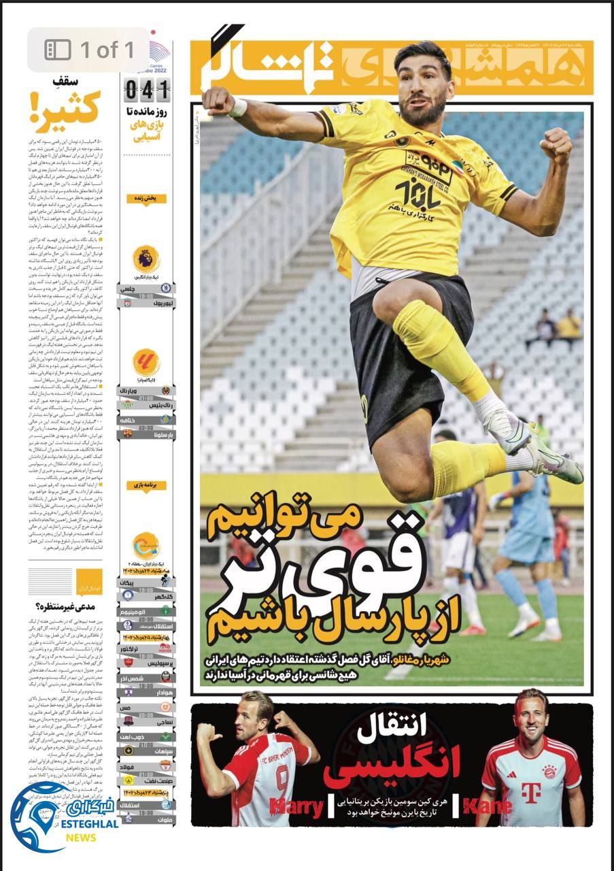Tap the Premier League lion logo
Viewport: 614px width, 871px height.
coord(146,259)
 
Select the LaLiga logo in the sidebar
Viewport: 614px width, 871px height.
coord(146,363)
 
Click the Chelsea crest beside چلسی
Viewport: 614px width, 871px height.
coord(167,289)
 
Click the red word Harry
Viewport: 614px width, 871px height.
coord(296,808)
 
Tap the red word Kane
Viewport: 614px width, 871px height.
coord(487,807)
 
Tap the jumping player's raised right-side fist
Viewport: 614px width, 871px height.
coord(556,144)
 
